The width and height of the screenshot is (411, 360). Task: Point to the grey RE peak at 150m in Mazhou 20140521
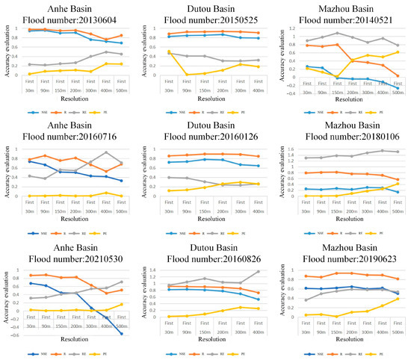coord(338,33)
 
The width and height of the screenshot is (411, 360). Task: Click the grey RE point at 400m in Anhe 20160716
coord(105,152)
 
